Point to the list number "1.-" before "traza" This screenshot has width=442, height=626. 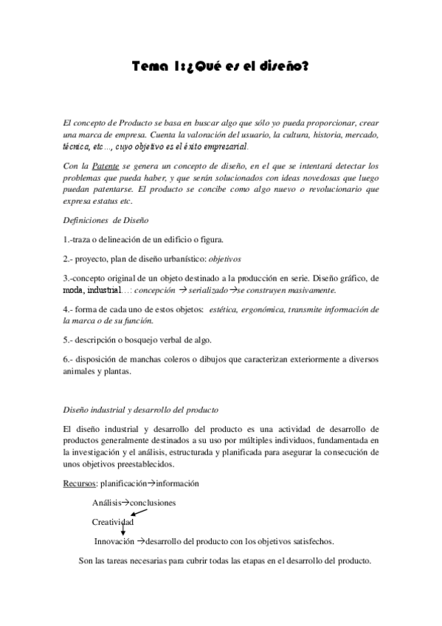pyautogui.click(x=69, y=239)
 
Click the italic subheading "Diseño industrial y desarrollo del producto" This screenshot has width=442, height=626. pyautogui.click(x=140, y=409)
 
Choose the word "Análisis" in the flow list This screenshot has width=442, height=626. pyautogui.click(x=106, y=502)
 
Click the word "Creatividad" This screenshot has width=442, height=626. pyautogui.click(x=113, y=521)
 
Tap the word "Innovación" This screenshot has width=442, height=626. pyautogui.click(x=115, y=540)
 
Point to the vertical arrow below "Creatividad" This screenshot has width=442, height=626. pyautogui.click(x=122, y=530)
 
